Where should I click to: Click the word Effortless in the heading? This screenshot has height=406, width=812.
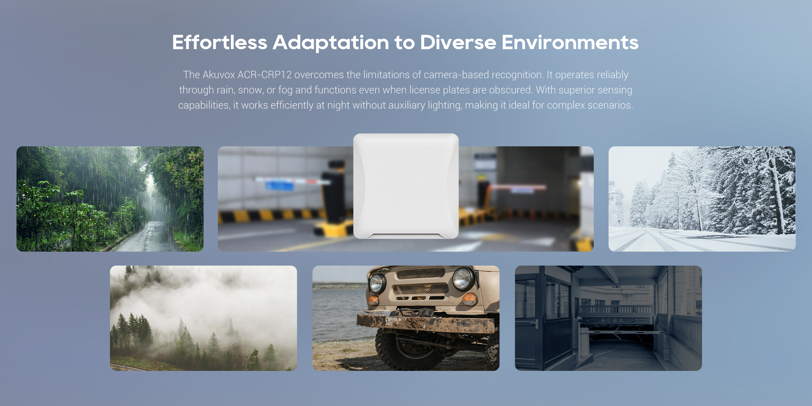pyautogui.click(x=219, y=42)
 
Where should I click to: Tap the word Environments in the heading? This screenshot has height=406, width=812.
pyautogui.click(x=570, y=42)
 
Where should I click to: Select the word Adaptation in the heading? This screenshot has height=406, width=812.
pyautogui.click(x=331, y=43)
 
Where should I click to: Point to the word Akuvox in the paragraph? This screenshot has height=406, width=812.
pyautogui.click(x=219, y=75)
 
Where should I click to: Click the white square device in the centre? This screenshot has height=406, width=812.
pyautogui.click(x=406, y=186)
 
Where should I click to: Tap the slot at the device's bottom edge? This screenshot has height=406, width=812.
pyautogui.click(x=406, y=236)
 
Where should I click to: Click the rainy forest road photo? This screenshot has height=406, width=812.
pyautogui.click(x=110, y=199)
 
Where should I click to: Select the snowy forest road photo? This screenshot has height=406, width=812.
pyautogui.click(x=702, y=199)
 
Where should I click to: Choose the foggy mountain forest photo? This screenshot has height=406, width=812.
pyautogui.click(x=203, y=318)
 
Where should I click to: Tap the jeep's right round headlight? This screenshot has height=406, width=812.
pyautogui.click(x=463, y=278)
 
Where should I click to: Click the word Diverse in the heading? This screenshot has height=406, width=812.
pyautogui.click(x=458, y=42)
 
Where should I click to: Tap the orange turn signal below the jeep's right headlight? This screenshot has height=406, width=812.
pyautogui.click(x=469, y=299)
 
